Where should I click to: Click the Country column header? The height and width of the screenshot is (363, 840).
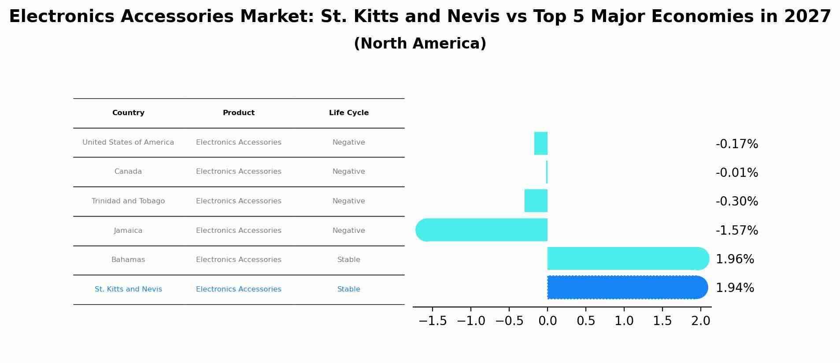coord(128,113)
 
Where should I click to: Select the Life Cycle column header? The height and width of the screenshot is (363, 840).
coord(348,113)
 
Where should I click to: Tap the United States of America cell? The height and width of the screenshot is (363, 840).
coord(128,142)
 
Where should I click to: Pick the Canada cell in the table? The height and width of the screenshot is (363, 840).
coord(128,172)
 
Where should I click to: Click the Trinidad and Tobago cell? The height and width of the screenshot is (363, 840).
coord(128,201)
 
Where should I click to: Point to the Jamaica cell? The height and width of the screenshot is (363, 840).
coord(128,231)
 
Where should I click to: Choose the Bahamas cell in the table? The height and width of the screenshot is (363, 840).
coord(128,260)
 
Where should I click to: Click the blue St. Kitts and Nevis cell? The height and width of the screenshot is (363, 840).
coord(128,289)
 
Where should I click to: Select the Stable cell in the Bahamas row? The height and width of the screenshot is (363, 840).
coord(348,260)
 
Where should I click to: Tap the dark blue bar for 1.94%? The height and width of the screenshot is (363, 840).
coord(625,288)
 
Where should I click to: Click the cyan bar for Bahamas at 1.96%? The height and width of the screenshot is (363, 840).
coord(625,258)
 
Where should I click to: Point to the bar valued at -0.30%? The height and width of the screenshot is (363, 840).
coord(536,201)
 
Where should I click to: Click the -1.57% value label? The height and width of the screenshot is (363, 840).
coord(736,231)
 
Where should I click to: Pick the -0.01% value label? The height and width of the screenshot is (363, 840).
coord(736,173)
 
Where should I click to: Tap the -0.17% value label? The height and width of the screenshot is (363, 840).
coord(736,144)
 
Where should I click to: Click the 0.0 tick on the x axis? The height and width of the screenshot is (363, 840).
coord(548,321)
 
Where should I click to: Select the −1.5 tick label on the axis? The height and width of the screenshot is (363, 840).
coord(433,321)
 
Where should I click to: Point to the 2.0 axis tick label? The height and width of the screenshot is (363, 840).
coord(700,321)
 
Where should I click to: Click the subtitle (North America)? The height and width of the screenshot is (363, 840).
coord(420,44)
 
